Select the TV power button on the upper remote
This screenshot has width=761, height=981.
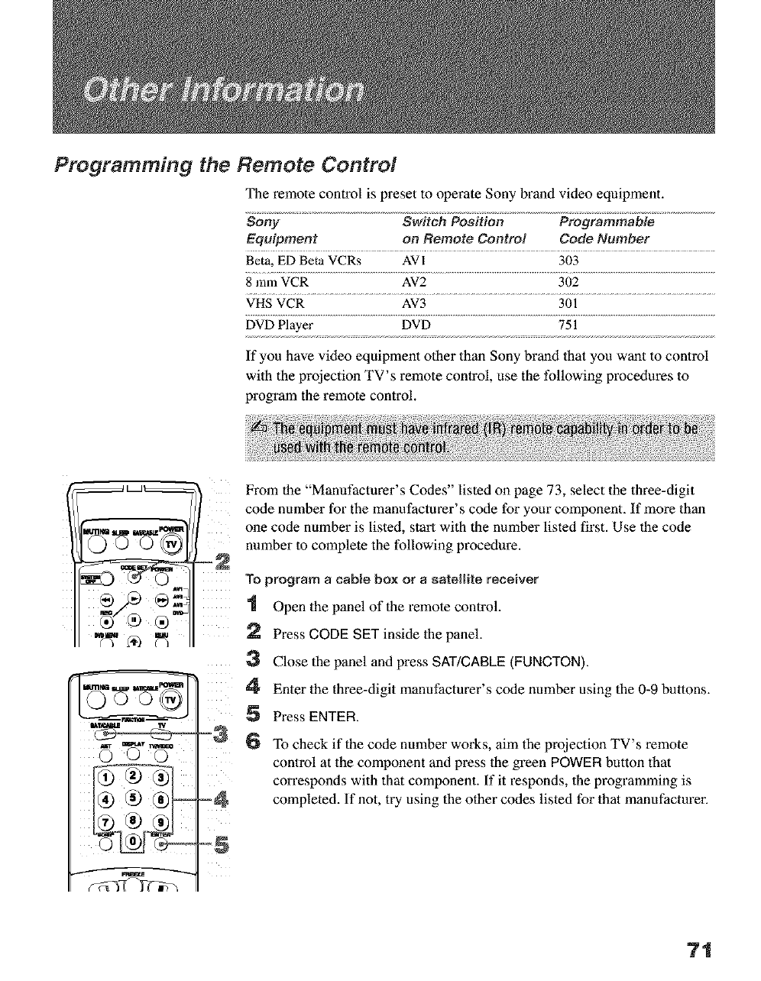(173, 544)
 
